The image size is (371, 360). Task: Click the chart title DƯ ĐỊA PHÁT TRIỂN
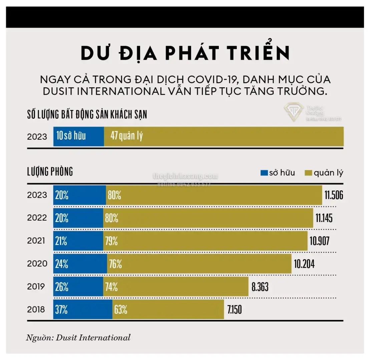pos(185,54)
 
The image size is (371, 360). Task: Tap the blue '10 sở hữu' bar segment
pos(78,136)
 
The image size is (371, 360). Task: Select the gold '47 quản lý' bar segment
pos(224,136)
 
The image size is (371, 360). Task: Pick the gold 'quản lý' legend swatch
pos(308,173)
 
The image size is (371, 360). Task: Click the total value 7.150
pos(234,310)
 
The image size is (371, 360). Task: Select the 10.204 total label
pos(304,264)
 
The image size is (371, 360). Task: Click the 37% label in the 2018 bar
pos(62,310)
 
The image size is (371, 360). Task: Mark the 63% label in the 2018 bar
pos(121,310)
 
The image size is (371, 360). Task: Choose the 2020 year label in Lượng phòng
pos(37,264)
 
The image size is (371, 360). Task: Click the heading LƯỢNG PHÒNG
pos(50,172)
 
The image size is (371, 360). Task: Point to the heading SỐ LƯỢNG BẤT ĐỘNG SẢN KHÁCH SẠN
pos(87,115)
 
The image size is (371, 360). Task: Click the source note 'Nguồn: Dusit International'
pos(78,337)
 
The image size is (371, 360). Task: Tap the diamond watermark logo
pos(293,113)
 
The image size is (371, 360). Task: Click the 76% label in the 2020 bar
pos(115,264)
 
